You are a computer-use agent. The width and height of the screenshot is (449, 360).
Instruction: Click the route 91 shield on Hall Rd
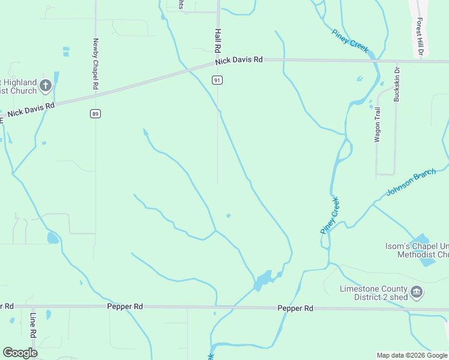pos(217,80)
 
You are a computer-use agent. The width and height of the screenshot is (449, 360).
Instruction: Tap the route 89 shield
pos(95,113)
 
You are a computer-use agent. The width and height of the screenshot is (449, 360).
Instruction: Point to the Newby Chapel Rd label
pos(95,64)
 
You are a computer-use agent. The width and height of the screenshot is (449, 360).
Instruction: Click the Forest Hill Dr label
pos(421,38)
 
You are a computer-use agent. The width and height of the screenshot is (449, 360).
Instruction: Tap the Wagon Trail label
pos(378,124)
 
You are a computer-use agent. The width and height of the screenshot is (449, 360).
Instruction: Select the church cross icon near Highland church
pos(45,86)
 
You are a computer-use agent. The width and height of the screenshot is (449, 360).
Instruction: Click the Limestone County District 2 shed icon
pos(417,293)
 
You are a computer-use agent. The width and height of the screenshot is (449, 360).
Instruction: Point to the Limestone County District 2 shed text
pos(373,293)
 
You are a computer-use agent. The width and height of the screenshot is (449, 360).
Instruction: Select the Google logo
pos(20,353)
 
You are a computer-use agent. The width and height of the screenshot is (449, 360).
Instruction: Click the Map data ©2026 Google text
pos(411,355)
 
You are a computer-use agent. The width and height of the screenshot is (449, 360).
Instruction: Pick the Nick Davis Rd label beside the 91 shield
pos(240,60)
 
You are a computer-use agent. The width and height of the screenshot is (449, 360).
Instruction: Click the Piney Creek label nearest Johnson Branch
pos(330,215)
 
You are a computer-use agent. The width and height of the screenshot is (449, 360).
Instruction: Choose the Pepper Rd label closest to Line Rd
pos(125,306)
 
